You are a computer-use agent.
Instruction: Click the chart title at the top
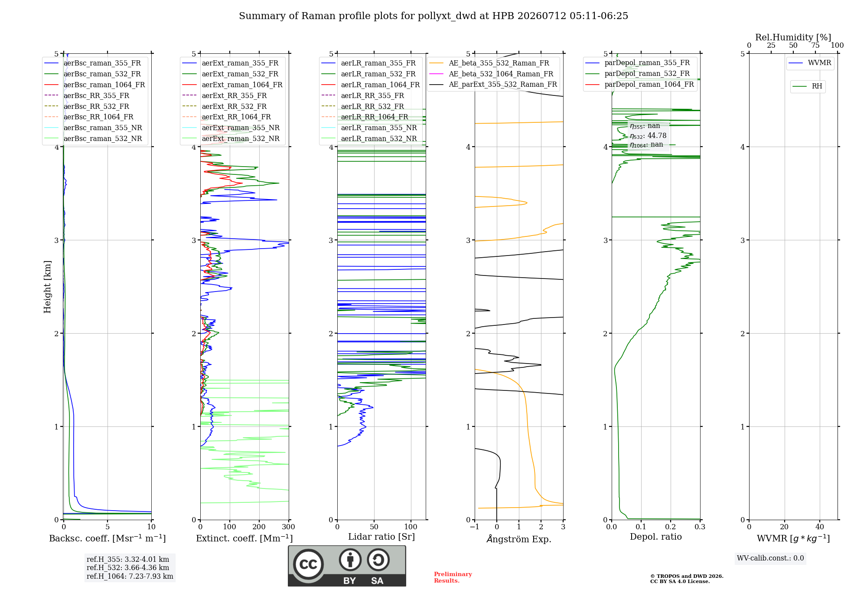click(x=433, y=16)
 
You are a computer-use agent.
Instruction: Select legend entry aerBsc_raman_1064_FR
click(x=104, y=85)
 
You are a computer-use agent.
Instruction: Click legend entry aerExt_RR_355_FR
click(x=234, y=96)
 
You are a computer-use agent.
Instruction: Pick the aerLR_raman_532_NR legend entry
click(x=379, y=139)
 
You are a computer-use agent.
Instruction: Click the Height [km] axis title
click(x=47, y=287)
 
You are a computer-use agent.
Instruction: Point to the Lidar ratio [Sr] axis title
click(x=381, y=537)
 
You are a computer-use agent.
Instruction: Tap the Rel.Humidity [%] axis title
click(x=793, y=37)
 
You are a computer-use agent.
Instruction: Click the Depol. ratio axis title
click(x=656, y=537)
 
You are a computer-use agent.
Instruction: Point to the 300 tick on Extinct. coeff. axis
click(x=289, y=527)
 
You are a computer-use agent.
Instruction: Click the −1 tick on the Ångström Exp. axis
click(x=475, y=527)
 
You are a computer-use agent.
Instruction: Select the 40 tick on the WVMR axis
click(x=820, y=527)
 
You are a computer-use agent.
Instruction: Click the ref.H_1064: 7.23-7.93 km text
click(x=130, y=577)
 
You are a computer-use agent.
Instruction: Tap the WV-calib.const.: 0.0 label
click(x=770, y=558)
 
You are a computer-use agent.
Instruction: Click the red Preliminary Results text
click(x=453, y=577)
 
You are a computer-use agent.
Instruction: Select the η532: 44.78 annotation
click(x=648, y=136)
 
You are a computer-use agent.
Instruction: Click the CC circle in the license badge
click(x=309, y=564)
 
